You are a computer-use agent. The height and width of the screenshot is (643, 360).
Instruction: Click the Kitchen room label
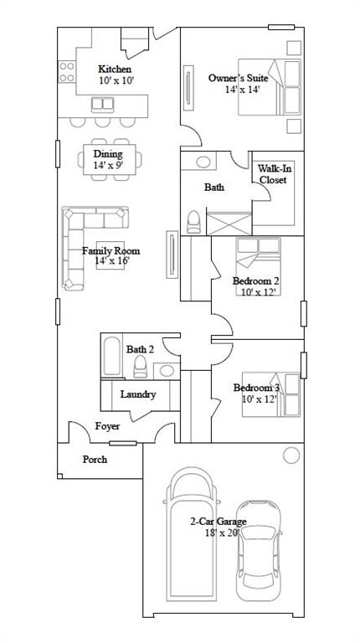(115, 69)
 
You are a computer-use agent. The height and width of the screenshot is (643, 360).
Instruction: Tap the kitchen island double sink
(102, 104)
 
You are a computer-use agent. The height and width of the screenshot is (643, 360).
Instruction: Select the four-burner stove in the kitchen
(66, 71)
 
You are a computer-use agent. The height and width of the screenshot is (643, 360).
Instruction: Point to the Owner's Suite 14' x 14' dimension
(242, 90)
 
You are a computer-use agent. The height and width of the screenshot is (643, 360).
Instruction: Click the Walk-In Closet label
(273, 174)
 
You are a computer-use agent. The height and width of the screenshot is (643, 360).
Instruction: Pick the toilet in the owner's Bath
(194, 222)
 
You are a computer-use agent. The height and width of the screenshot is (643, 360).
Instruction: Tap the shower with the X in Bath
(229, 224)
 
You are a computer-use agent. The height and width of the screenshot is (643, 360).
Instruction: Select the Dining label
(108, 154)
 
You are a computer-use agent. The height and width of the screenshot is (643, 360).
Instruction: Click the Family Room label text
(111, 250)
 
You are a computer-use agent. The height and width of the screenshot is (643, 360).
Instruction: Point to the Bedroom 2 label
(256, 281)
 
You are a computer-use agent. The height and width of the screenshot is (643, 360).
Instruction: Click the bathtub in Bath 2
(112, 356)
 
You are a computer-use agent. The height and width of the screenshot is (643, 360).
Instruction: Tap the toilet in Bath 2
(140, 366)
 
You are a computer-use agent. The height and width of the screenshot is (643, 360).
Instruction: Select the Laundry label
(138, 394)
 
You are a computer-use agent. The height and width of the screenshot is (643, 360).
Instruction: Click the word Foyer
(107, 426)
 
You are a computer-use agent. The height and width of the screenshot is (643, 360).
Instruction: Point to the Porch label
(95, 460)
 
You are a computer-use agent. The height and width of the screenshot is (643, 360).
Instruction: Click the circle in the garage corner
(291, 455)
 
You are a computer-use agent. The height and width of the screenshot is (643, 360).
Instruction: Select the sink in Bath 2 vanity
(167, 371)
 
